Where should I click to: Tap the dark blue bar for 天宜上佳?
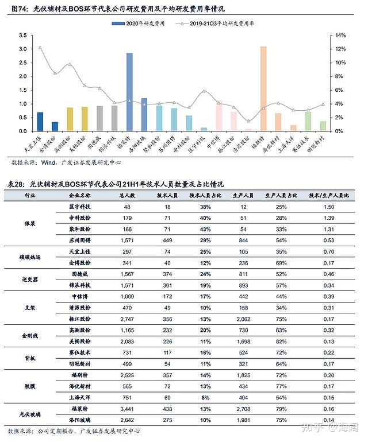click(40, 122)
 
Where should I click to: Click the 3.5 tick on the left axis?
click(23, 35)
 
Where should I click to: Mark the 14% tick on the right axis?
click(341, 35)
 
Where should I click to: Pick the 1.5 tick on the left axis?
click(23, 90)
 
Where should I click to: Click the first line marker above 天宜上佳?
click(40, 48)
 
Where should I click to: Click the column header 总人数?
click(126, 195)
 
